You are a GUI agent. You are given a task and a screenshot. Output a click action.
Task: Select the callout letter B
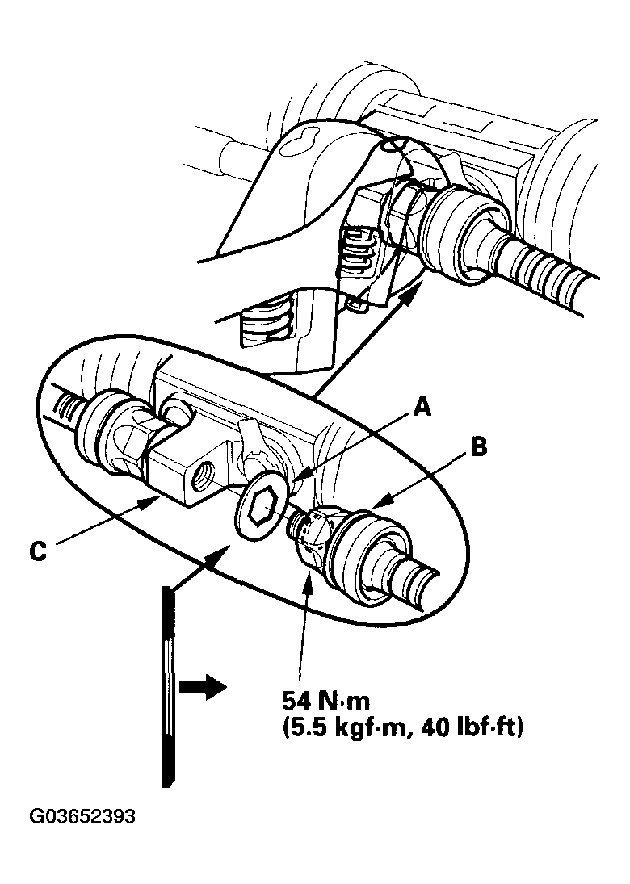(x=478, y=446)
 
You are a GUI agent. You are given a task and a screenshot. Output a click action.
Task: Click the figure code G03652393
(x=82, y=816)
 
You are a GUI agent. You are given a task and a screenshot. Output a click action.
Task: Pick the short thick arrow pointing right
(x=197, y=689)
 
